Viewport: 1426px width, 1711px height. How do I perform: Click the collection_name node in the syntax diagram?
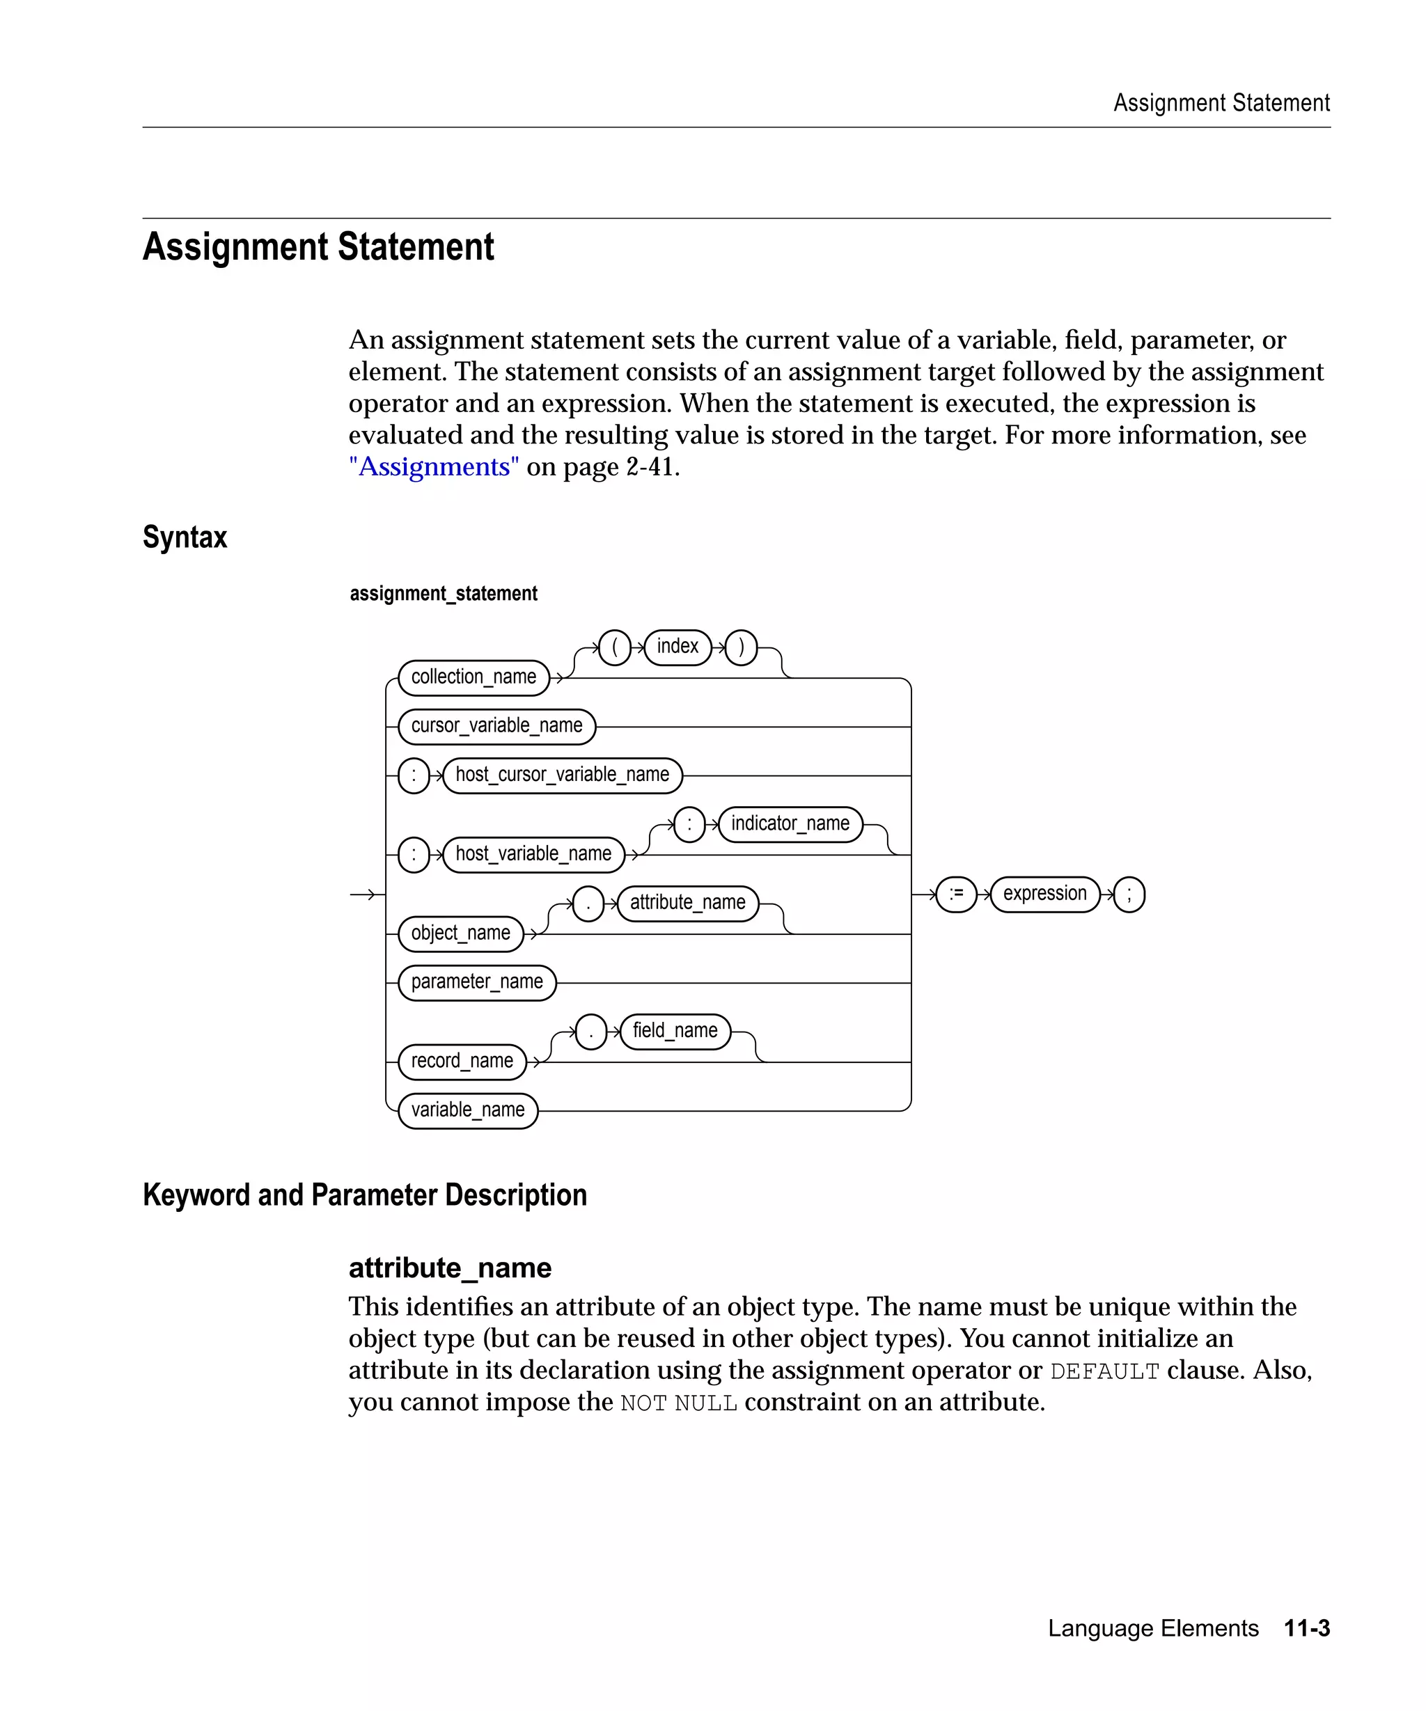pos(473,678)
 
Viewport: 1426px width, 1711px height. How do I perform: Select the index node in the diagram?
pos(677,647)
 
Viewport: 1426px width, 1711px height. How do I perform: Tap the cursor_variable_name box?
pos(496,726)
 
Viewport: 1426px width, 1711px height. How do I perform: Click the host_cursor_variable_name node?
pos(562,775)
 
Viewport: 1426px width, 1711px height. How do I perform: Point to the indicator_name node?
pos(790,823)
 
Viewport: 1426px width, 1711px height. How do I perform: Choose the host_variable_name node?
pos(533,855)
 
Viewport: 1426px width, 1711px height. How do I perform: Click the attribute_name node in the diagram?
pos(687,904)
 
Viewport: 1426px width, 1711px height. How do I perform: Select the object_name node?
pos(460,933)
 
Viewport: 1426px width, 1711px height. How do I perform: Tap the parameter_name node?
pos(477,983)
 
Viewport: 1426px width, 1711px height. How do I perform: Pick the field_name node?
pos(675,1032)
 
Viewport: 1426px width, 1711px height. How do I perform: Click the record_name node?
pos(462,1062)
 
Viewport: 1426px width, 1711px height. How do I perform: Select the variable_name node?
pos(468,1110)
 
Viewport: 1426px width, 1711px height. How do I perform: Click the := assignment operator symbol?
pos(956,894)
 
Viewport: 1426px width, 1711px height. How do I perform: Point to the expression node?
pos(1044,894)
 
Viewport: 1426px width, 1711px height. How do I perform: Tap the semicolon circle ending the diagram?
pos(1129,894)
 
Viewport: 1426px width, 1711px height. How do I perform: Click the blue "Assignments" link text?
pos(434,467)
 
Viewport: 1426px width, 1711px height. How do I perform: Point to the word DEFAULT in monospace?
pos(1104,1371)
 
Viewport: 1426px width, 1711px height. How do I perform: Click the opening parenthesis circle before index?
pos(614,648)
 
